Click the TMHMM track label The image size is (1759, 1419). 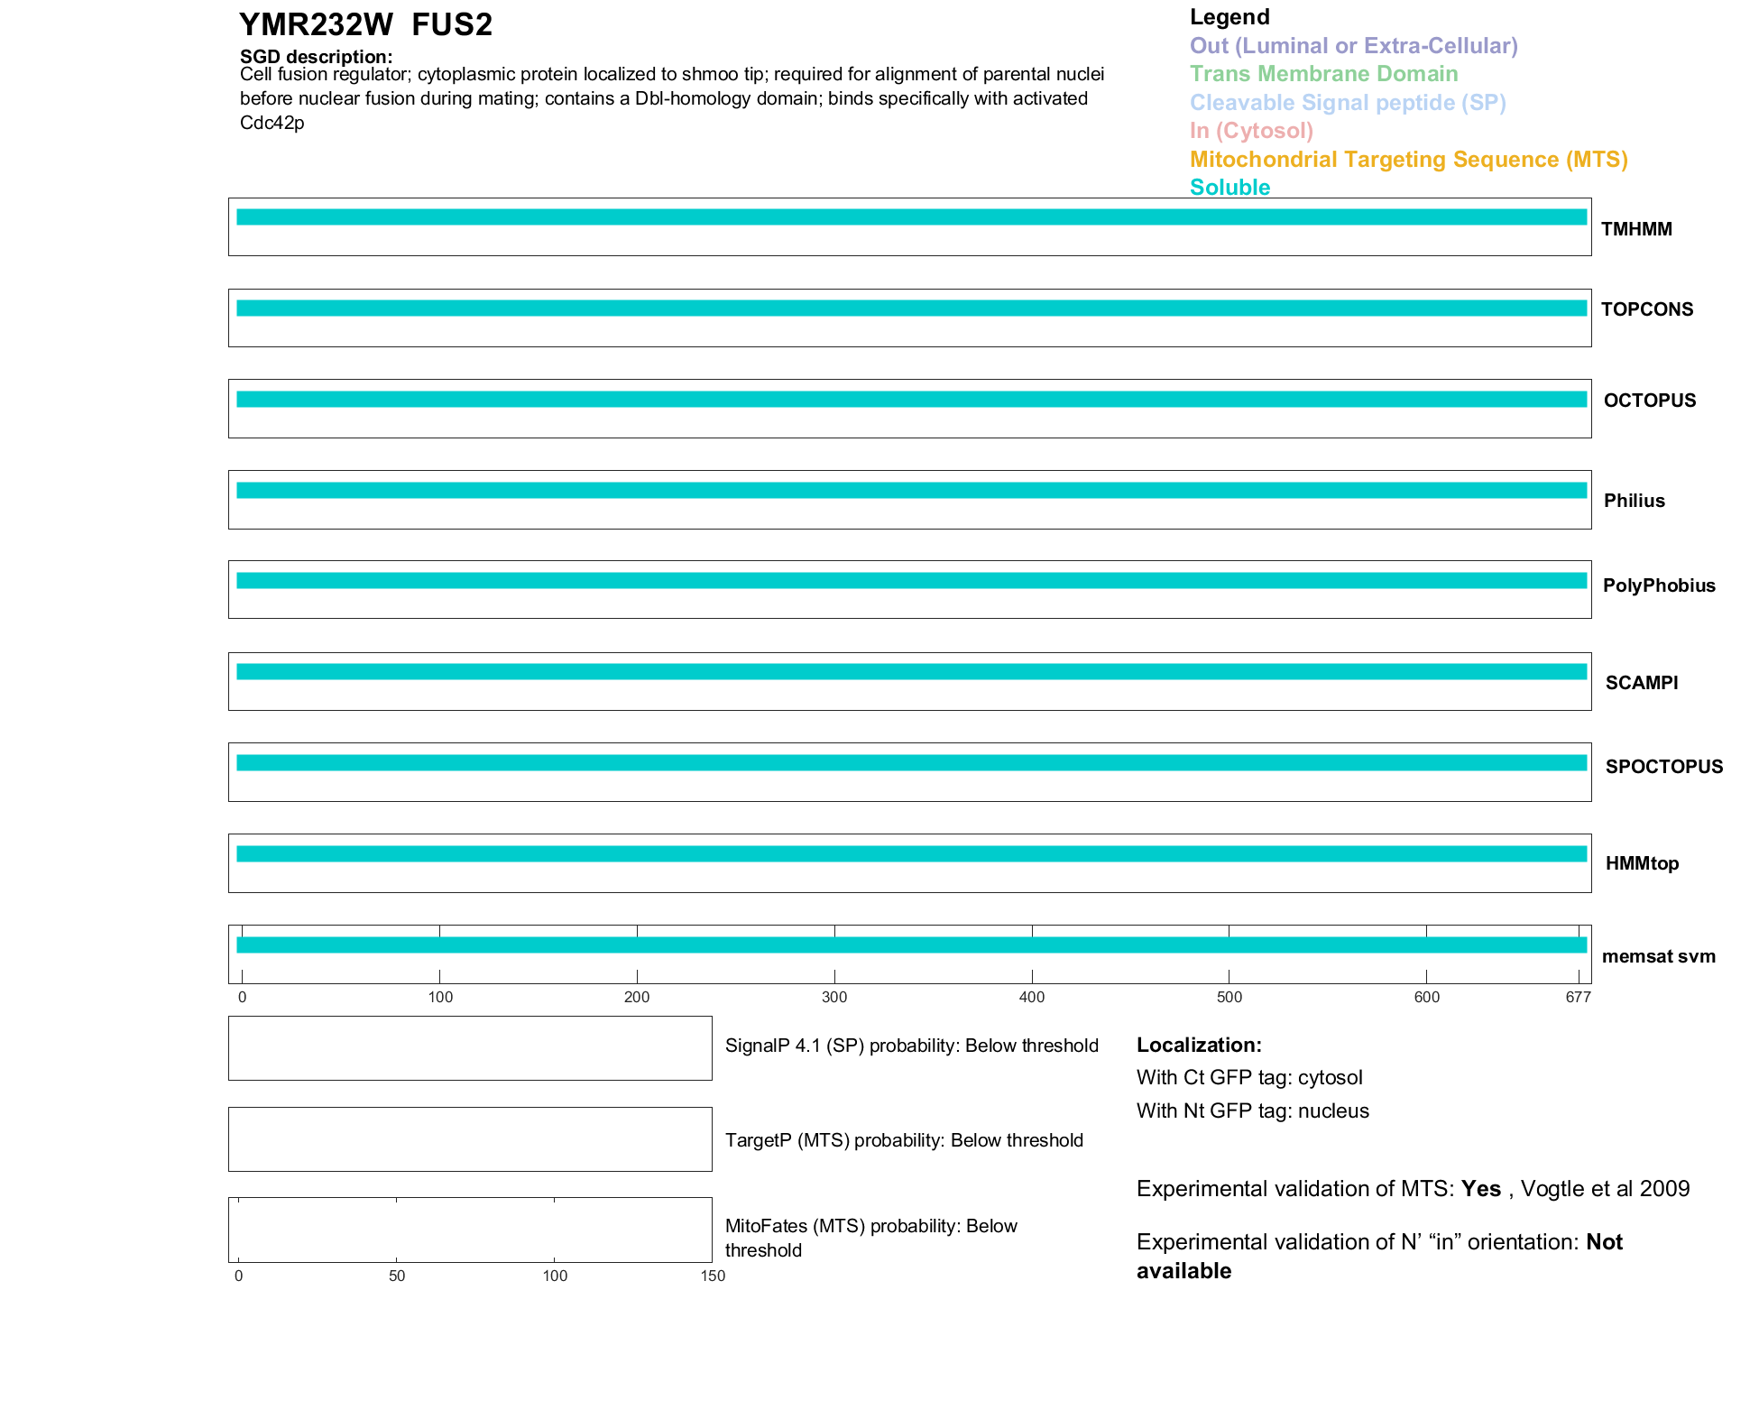[x=1635, y=229]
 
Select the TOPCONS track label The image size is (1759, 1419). [x=1646, y=309]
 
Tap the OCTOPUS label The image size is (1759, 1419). [x=1649, y=401]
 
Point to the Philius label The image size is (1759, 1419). [x=1634, y=501]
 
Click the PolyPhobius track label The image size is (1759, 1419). [x=1658, y=585]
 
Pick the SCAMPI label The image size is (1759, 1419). [x=1641, y=683]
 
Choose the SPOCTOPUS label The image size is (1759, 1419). [x=1663, y=767]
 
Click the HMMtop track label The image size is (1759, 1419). [x=1642, y=863]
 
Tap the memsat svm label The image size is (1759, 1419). [x=1658, y=956]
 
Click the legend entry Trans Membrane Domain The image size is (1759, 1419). [x=1323, y=74]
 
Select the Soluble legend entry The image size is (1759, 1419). [x=1229, y=188]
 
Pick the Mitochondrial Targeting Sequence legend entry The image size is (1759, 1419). [x=1408, y=160]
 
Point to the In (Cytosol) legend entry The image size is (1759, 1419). [x=1251, y=131]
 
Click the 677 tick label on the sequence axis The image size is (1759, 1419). [x=1578, y=997]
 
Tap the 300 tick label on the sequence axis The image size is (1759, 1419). [x=834, y=997]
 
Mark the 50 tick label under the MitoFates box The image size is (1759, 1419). [x=397, y=1276]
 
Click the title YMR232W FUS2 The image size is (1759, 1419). [x=365, y=25]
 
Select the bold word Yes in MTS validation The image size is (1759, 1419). [x=1480, y=1189]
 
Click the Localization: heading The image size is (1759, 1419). [x=1198, y=1045]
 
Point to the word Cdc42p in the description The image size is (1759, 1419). [x=272, y=123]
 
